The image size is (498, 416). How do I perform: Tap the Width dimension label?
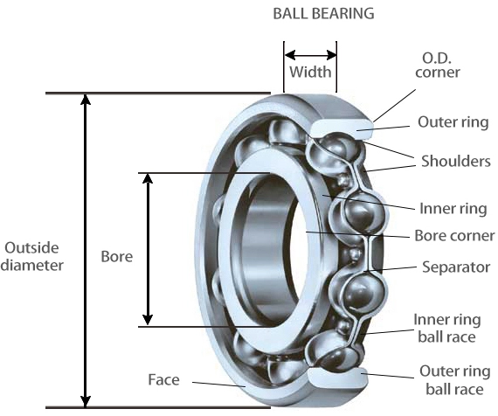pos(310,72)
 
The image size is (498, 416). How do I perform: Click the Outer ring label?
pos(453,122)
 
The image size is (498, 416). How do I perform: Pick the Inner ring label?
pos(452,208)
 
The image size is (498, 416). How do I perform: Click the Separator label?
pos(454,267)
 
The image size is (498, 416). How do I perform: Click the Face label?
pos(163,380)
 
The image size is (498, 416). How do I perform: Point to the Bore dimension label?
pos(117,257)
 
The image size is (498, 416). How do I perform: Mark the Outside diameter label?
pos(33,256)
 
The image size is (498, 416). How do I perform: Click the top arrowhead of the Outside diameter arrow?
pos(85,100)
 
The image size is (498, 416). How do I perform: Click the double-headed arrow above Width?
pos(310,52)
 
